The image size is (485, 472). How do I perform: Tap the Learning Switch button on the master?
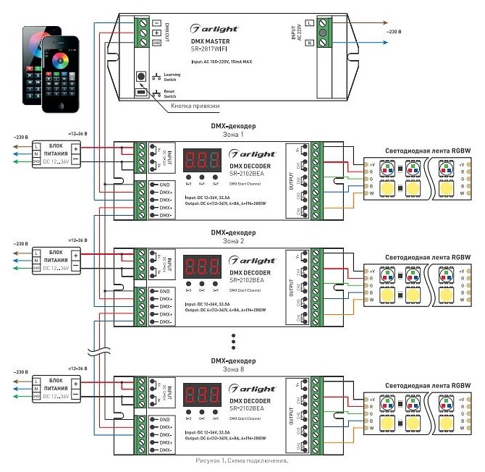[140, 75]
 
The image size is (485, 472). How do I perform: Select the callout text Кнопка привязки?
[195, 106]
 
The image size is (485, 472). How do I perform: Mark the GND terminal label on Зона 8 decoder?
[165, 419]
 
